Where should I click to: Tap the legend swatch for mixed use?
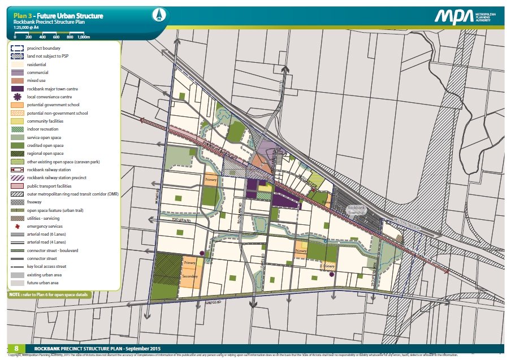tap(17, 81)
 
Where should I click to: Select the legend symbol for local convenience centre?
tap(17, 97)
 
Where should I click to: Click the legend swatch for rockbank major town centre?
tap(17, 89)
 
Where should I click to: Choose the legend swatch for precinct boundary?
tap(17, 49)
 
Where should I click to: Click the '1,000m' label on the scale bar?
tap(83, 37)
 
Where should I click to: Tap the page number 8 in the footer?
tap(16, 349)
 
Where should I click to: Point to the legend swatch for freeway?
tap(17, 202)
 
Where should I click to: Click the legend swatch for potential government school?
tap(17, 105)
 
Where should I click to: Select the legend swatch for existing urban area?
tap(17, 275)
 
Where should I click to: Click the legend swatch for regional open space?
tap(17, 153)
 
